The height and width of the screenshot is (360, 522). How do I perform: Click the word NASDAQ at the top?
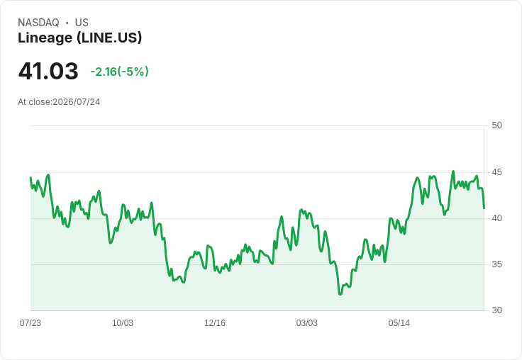coord(38,23)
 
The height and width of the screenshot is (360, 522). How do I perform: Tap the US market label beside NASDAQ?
coord(82,23)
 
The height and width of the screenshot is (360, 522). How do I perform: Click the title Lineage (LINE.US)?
coord(80,38)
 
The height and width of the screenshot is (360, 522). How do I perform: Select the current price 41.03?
coord(48,71)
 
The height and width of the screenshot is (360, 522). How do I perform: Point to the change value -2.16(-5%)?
coord(120,72)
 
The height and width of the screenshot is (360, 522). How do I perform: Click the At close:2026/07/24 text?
coord(59,102)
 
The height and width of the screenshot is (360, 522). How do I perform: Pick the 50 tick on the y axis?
coord(496,125)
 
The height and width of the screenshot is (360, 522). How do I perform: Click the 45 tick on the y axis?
coord(496,172)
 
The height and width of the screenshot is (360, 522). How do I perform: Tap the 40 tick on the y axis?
coord(496,218)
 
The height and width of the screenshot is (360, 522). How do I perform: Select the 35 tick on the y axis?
coord(496,264)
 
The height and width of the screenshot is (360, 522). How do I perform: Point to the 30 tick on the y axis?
coord(496,310)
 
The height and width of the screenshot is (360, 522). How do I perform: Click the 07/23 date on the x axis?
coord(30,323)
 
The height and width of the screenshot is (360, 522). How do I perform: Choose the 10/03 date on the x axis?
coord(123,323)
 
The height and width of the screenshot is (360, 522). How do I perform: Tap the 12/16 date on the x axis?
coord(215,323)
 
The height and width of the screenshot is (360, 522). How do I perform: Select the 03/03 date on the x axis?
coord(307,323)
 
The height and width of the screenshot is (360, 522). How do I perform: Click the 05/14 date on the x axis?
coord(399,323)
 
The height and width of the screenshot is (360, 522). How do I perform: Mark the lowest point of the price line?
coord(340,295)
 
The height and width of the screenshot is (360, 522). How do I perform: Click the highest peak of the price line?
coord(453,171)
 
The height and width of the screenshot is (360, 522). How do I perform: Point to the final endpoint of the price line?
coord(484,208)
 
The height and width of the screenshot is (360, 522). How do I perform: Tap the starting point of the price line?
coord(30,177)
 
